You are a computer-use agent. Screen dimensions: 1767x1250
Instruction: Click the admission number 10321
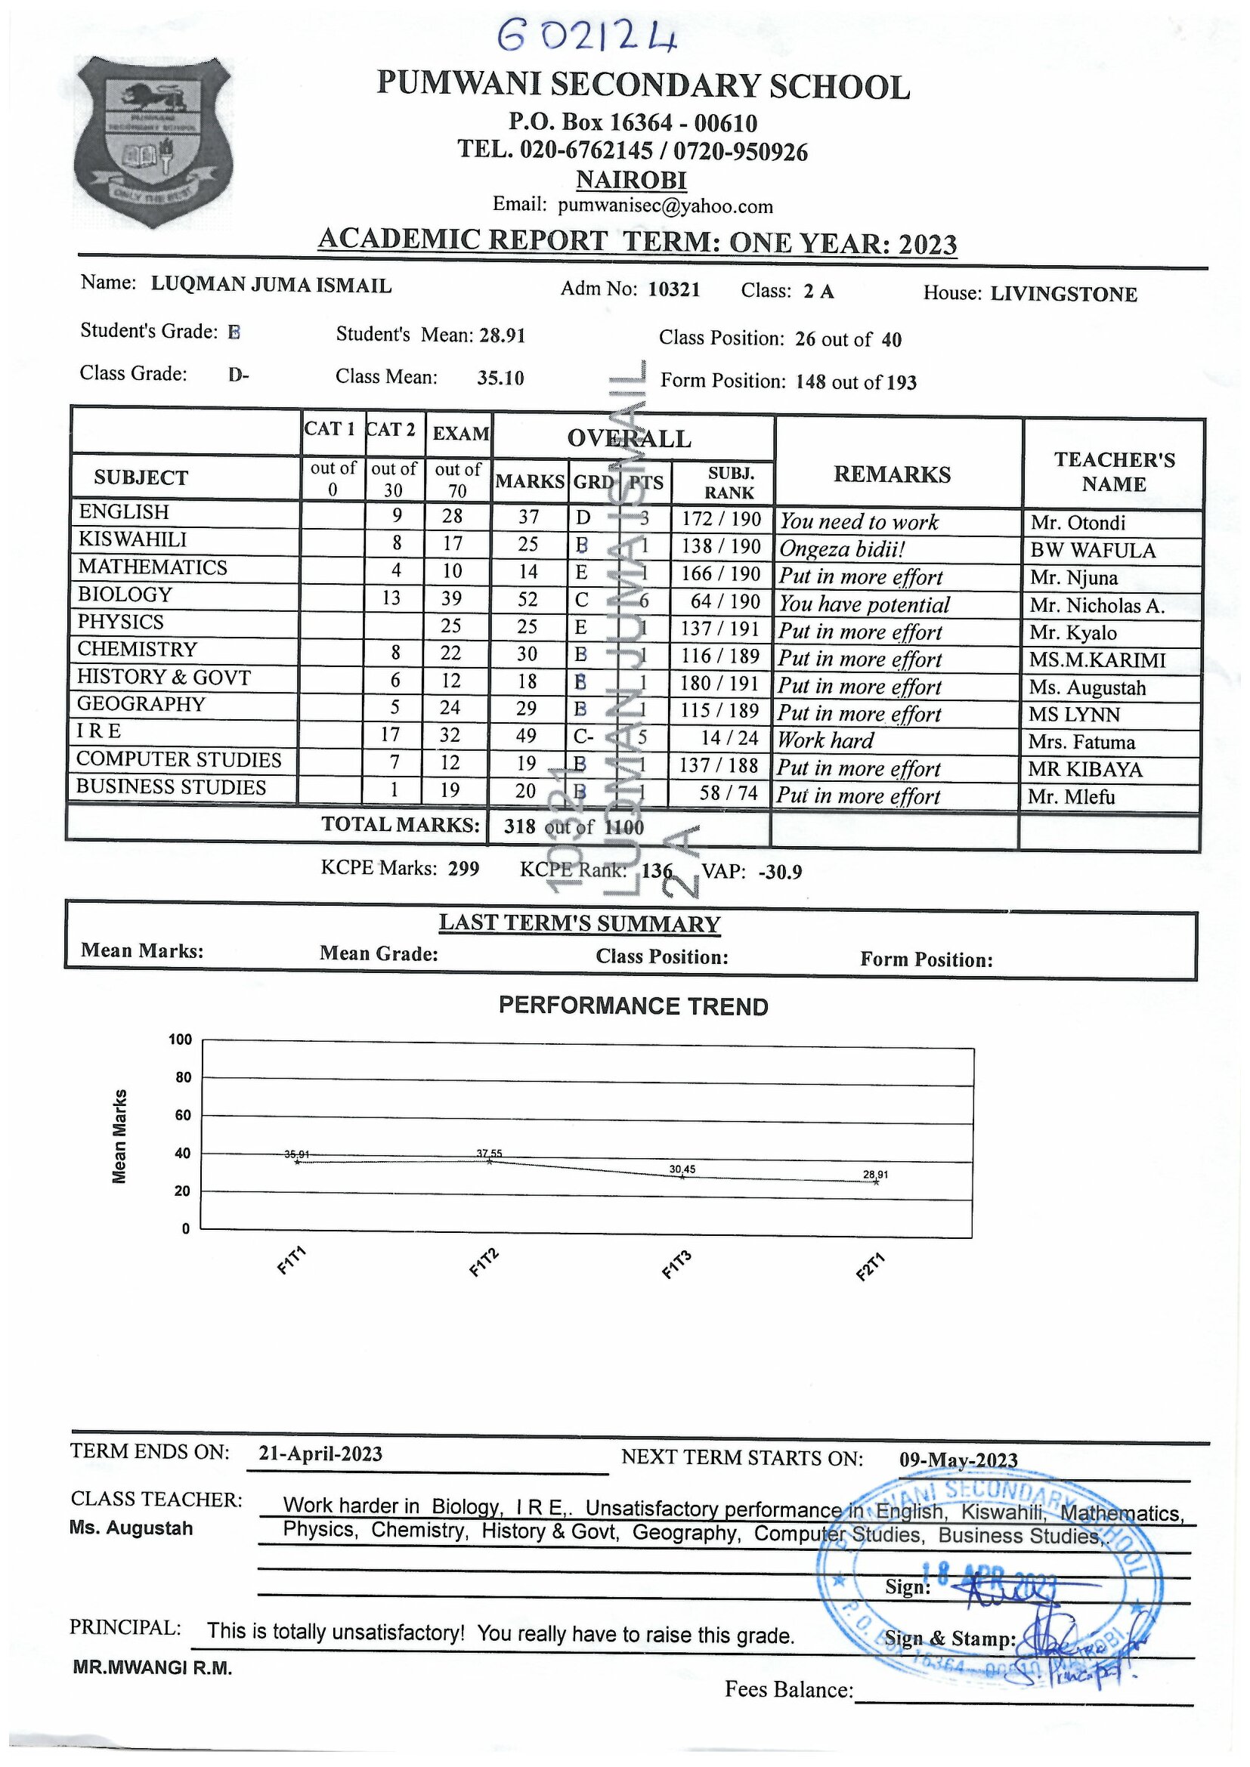point(674,289)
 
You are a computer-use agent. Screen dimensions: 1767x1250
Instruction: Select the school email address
point(665,205)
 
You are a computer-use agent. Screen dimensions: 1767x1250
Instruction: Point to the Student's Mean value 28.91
point(502,335)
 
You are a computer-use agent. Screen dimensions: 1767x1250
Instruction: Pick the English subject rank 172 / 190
point(721,519)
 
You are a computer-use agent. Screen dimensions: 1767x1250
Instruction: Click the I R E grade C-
point(583,737)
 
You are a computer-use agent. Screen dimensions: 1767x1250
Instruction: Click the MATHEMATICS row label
point(153,567)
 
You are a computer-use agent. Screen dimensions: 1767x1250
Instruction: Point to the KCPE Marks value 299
point(463,869)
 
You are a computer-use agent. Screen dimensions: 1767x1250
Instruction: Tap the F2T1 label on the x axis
point(871,1267)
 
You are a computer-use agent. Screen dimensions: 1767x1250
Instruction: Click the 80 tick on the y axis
point(183,1077)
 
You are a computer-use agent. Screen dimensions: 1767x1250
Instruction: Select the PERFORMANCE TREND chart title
point(633,1006)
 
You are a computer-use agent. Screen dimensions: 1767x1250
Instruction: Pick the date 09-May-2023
point(958,1460)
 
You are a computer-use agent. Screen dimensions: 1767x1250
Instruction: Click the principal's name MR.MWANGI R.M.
point(153,1668)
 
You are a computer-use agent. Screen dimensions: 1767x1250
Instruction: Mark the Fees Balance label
point(789,1689)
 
